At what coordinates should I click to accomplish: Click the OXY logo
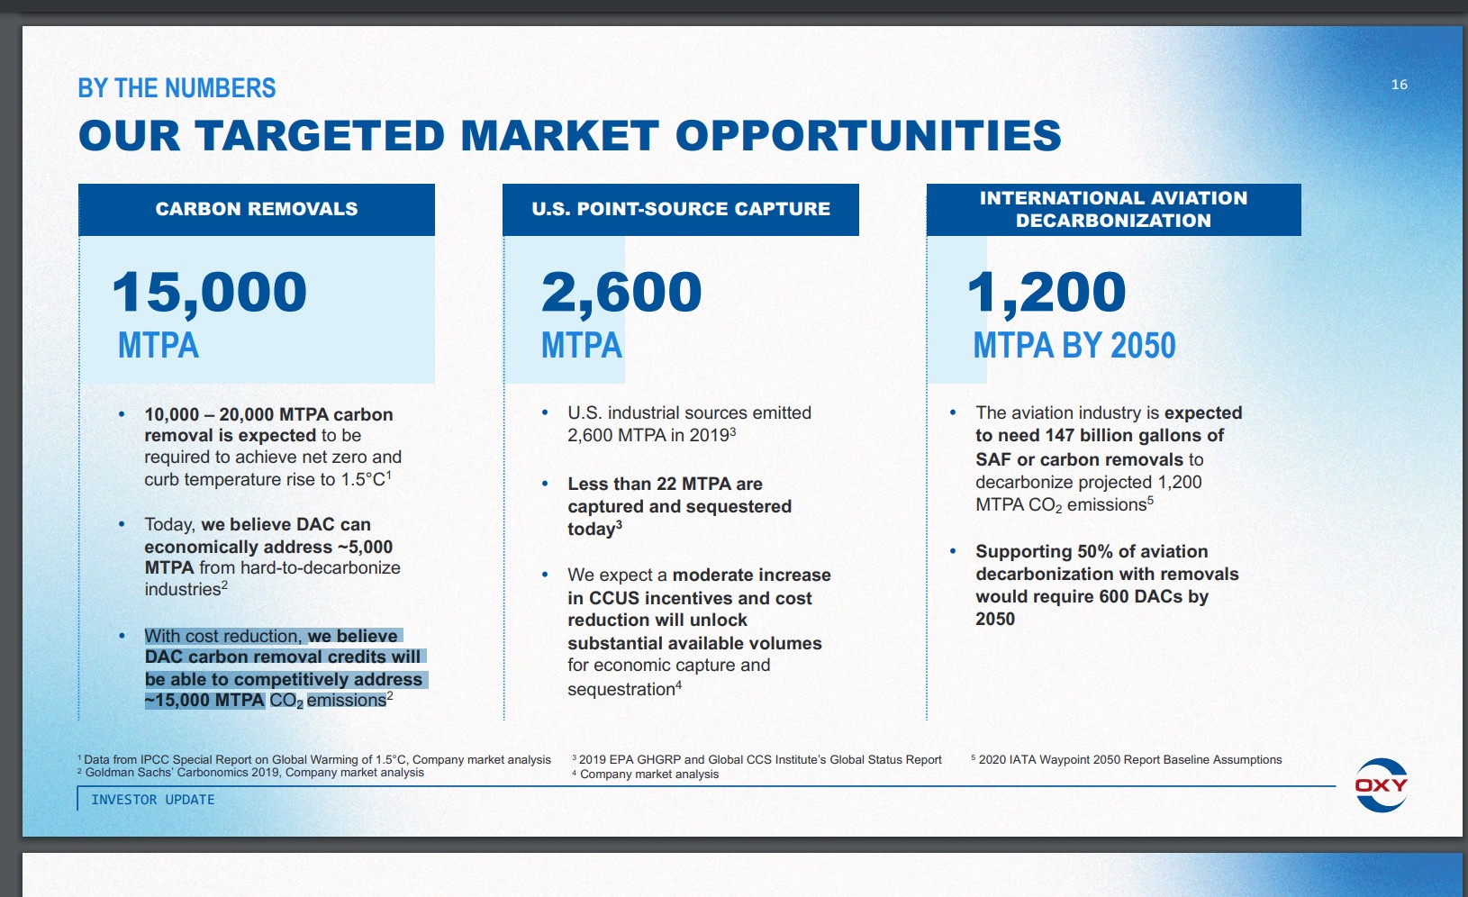[1381, 785]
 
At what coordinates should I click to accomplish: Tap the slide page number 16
[1400, 85]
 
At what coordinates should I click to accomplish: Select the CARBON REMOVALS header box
[257, 210]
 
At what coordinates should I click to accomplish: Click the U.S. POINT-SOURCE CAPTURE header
[680, 210]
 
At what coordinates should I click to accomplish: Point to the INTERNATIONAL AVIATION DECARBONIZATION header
[1113, 210]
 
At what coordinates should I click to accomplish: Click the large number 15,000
[209, 293]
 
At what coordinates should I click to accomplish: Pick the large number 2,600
[621, 293]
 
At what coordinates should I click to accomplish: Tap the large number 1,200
[1047, 293]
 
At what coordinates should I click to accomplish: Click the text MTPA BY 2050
[1074, 345]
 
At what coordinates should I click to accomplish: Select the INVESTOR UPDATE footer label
[153, 800]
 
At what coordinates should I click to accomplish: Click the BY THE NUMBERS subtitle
[177, 87]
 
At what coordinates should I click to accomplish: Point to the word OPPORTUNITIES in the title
[867, 136]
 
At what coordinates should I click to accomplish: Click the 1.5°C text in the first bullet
[363, 480]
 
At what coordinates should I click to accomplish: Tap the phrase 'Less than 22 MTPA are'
[665, 484]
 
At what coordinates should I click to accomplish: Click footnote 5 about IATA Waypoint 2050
[1126, 759]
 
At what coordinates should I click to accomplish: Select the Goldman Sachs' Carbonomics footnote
[250, 773]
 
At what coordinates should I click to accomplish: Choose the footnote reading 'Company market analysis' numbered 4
[645, 774]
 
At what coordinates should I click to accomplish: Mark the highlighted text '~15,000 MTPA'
[204, 700]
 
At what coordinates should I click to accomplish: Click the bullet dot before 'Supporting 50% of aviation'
[953, 551]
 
